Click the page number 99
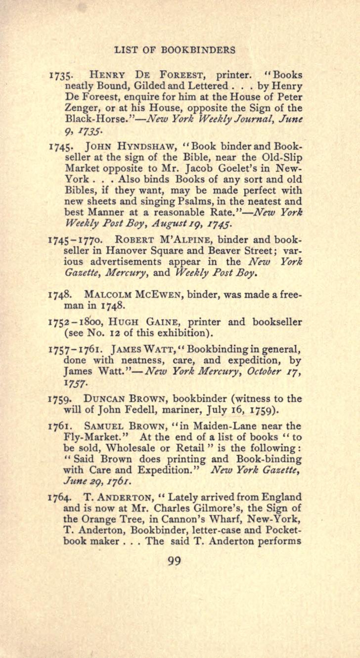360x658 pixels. tap(174, 561)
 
